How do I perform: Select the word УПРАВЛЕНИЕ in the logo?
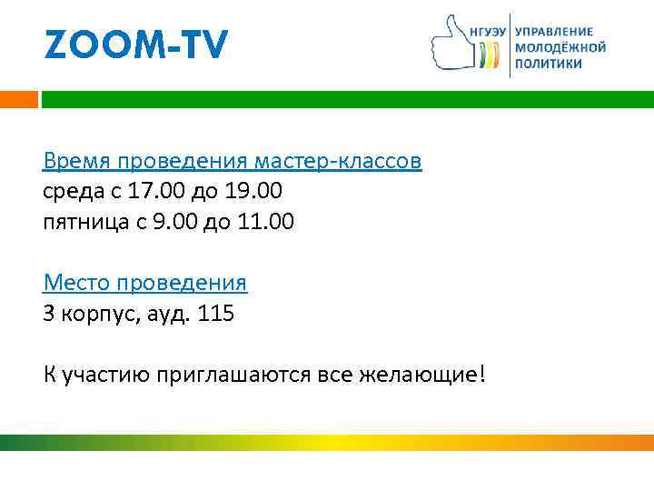pyautogui.click(x=554, y=30)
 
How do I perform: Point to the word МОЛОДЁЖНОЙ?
pyautogui.click(x=560, y=47)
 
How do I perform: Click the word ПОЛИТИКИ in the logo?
pyautogui.click(x=549, y=64)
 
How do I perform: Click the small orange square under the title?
pyautogui.click(x=19, y=98)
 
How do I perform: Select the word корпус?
pyautogui.click(x=94, y=314)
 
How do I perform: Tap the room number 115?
pyautogui.click(x=216, y=314)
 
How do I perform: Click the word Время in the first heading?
pyautogui.click(x=74, y=162)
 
